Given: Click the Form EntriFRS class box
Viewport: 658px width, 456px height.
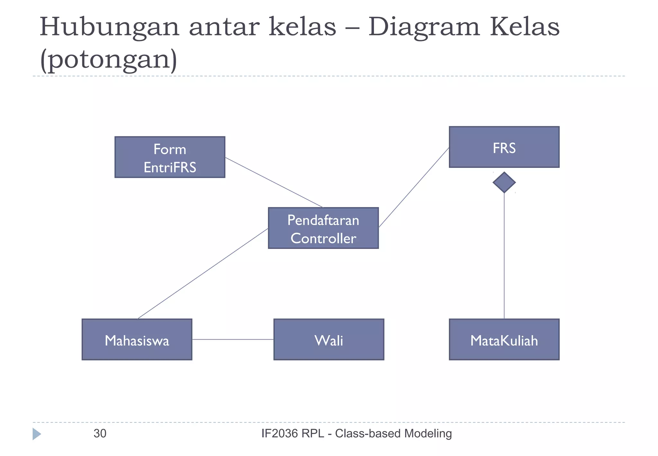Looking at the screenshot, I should tap(170, 157).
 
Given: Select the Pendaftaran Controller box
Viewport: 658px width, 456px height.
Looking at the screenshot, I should tap(323, 228).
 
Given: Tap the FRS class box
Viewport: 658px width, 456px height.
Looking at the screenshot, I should tap(504, 147).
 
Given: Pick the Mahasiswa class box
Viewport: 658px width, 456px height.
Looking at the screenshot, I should tap(137, 339).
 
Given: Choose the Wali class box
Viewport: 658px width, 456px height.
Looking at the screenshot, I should tap(329, 339).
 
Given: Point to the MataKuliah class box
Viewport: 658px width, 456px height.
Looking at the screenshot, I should tap(504, 339).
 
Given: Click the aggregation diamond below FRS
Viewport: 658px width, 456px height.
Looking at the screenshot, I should tap(504, 182).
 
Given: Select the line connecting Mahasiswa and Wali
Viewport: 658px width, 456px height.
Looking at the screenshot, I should tap(233, 339).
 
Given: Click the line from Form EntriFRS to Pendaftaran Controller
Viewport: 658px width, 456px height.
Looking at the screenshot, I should tap(274, 182).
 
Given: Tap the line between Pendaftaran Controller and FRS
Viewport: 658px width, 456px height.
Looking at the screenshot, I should tap(414, 187).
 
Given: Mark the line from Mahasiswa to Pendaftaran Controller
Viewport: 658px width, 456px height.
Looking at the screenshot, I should tap(202, 274).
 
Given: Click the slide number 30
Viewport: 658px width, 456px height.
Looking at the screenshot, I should tap(100, 433).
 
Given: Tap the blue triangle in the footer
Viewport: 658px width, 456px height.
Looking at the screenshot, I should tap(36, 434).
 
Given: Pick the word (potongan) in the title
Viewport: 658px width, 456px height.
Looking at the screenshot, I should tap(109, 60).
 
